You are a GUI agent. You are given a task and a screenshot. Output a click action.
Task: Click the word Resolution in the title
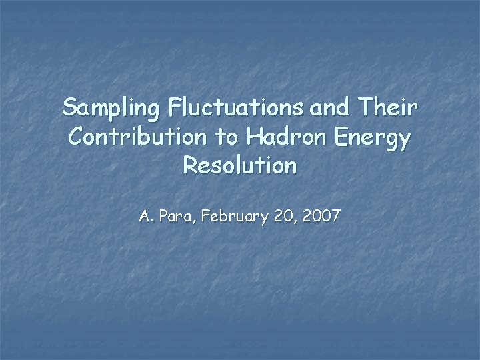tap(239, 165)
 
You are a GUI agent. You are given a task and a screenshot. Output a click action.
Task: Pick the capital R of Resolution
tap(189, 165)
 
